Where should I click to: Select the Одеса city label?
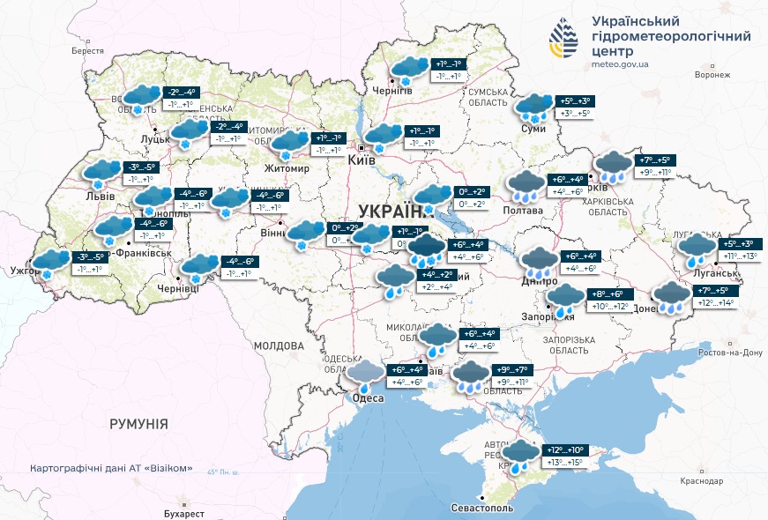point(368,398)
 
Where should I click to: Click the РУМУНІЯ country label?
point(138,424)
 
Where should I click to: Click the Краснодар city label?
point(701,480)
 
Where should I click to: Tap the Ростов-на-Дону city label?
point(728,353)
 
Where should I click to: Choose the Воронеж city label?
point(712,75)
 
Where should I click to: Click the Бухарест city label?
point(183,513)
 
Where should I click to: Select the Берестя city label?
point(87,51)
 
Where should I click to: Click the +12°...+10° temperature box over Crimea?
point(563,449)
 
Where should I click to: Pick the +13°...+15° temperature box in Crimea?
point(563,462)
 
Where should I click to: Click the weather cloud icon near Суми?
point(534,108)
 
